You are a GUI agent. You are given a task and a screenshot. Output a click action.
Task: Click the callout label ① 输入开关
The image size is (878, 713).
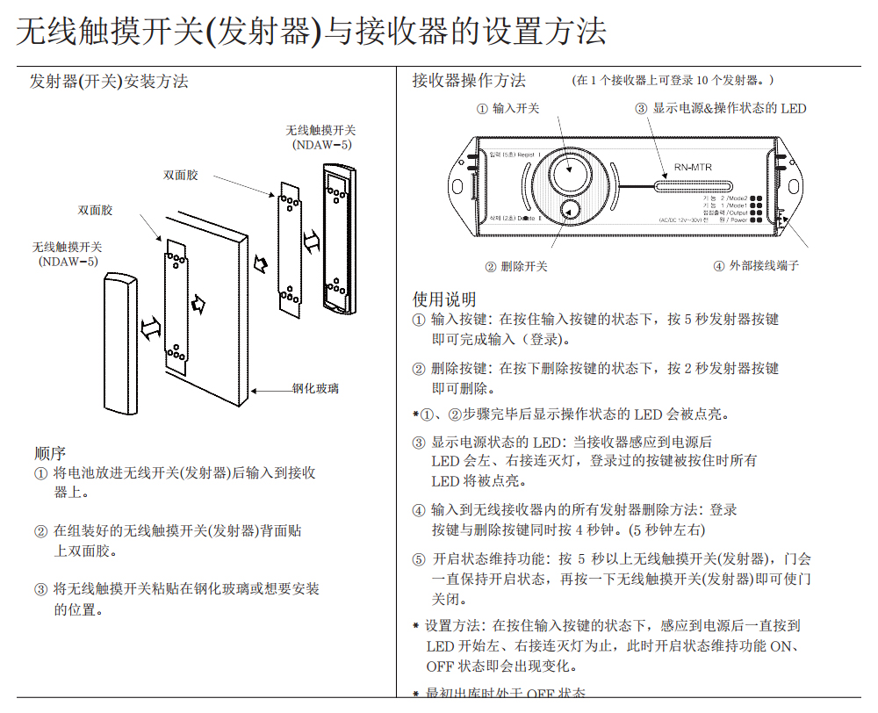pos(508,109)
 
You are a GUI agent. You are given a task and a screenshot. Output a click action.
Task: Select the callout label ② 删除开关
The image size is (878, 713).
pos(516,266)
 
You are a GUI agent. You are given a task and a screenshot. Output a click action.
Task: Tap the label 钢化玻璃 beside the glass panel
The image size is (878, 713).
pos(315,388)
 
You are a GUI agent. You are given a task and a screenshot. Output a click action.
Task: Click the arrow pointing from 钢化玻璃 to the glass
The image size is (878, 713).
pos(271,389)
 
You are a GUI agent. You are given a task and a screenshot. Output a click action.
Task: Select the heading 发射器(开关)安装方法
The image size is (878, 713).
pos(109,82)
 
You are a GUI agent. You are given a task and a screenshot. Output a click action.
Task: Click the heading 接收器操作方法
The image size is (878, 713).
pos(469,81)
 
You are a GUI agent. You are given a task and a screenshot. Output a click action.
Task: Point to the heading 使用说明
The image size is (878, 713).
pos(444,299)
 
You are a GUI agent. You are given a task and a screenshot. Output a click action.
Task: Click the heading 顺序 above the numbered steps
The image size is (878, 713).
pos(50,453)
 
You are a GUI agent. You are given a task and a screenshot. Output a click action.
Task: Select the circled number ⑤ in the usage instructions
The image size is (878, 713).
pos(419,559)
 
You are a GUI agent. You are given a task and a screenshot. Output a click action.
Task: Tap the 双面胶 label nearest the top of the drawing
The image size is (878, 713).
pos(181,175)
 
